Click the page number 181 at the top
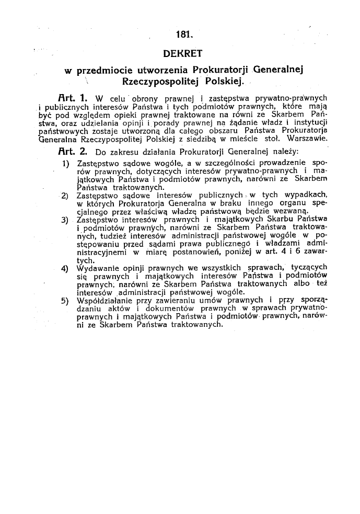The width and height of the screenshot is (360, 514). pyautogui.click(x=184, y=36)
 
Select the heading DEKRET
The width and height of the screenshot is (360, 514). pyautogui.click(x=183, y=53)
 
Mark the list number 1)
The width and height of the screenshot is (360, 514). pyautogui.click(x=66, y=164)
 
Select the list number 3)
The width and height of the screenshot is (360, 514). pyautogui.click(x=66, y=219)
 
